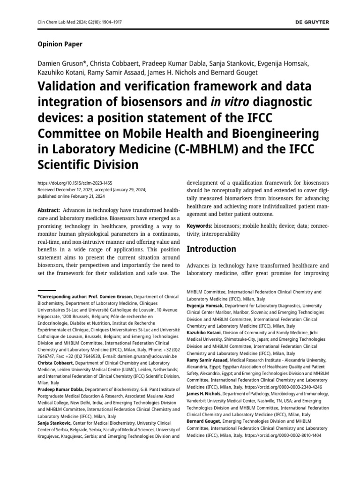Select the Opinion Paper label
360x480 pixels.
[x=60, y=44]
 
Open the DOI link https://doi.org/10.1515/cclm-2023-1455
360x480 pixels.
[x=75, y=183]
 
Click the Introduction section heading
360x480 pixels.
[x=211, y=249]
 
